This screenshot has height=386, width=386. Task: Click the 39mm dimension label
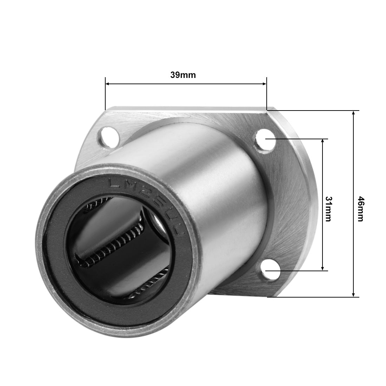point(183,75)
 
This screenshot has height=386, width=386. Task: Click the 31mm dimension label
point(328,209)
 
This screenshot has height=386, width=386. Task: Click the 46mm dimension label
point(360,209)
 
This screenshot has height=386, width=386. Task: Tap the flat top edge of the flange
point(186,109)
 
